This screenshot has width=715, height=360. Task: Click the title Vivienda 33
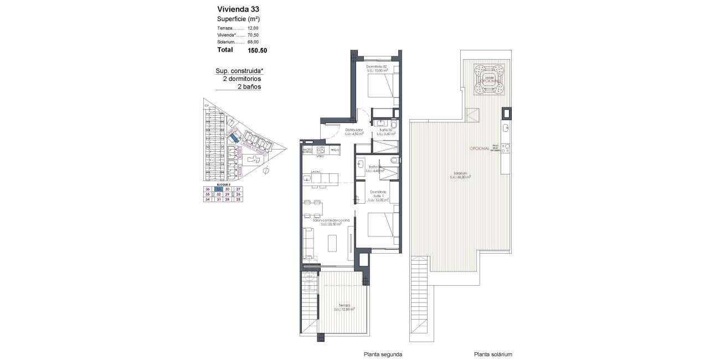coord(238,9)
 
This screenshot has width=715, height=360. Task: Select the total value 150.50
coord(257,50)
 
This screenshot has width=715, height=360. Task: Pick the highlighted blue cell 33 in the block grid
coord(219,189)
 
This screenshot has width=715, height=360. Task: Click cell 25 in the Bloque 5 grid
coord(239,200)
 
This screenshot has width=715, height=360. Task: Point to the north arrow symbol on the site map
coord(266,171)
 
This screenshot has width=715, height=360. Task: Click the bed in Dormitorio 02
coord(382,86)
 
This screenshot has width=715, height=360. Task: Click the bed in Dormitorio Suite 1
coord(382,229)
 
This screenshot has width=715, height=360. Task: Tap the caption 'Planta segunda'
coord(383,354)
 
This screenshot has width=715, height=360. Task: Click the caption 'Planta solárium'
coord(493,354)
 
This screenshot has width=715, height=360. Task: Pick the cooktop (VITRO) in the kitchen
coord(320,151)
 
